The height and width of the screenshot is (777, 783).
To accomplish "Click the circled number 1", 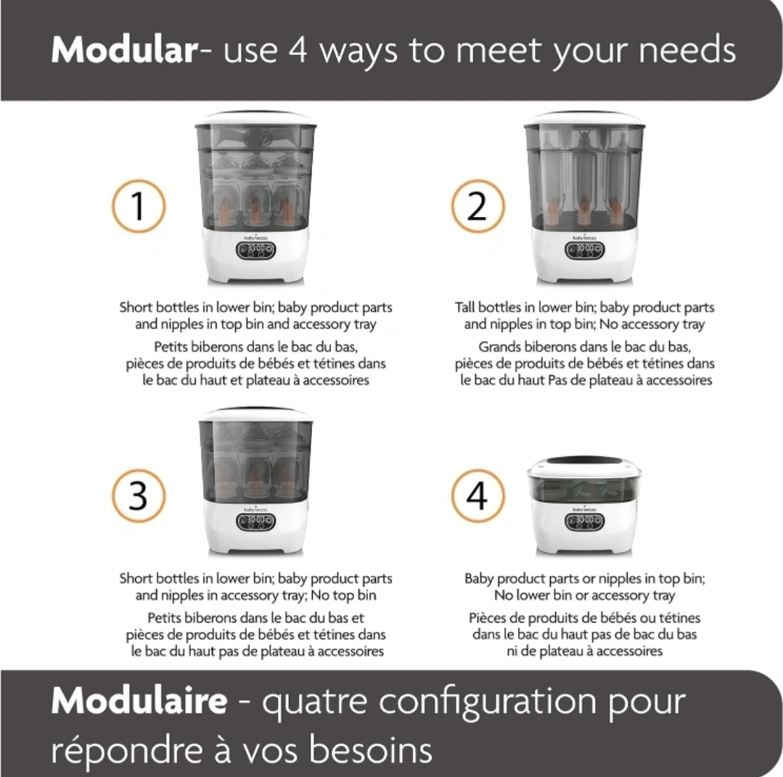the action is pyautogui.click(x=139, y=206).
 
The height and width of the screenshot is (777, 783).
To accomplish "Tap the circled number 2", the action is pyautogui.click(x=478, y=206).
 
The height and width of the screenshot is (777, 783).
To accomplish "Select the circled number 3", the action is pyautogui.click(x=139, y=496).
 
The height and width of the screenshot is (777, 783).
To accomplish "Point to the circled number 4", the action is pyautogui.click(x=478, y=496).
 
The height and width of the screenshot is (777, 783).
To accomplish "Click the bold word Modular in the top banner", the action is pyautogui.click(x=125, y=50).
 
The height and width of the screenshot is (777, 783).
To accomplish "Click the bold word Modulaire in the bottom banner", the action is pyautogui.click(x=139, y=701).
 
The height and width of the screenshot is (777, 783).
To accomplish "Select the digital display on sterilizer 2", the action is pyautogui.click(x=584, y=249).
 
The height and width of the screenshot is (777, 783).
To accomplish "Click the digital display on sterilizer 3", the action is pyautogui.click(x=255, y=522).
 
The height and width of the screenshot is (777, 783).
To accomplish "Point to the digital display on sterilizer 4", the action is pyautogui.click(x=584, y=522).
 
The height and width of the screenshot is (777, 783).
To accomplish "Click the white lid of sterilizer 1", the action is pyautogui.click(x=255, y=119).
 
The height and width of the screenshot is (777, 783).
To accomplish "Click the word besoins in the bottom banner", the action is pyautogui.click(x=370, y=749).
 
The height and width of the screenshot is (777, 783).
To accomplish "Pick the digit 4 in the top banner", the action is pyautogui.click(x=298, y=50).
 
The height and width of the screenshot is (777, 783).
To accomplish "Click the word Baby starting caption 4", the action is pyautogui.click(x=478, y=579).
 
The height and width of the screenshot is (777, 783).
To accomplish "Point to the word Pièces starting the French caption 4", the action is pyautogui.click(x=486, y=618).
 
